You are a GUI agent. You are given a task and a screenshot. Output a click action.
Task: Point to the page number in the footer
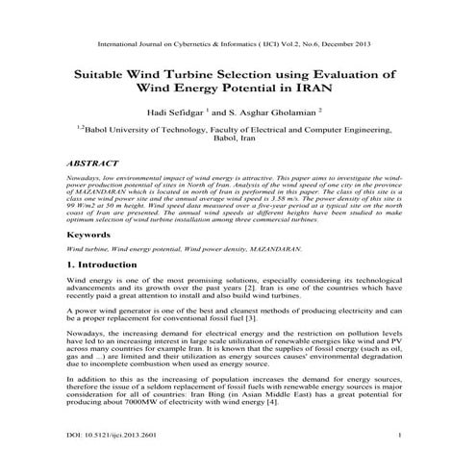tap(397, 436)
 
